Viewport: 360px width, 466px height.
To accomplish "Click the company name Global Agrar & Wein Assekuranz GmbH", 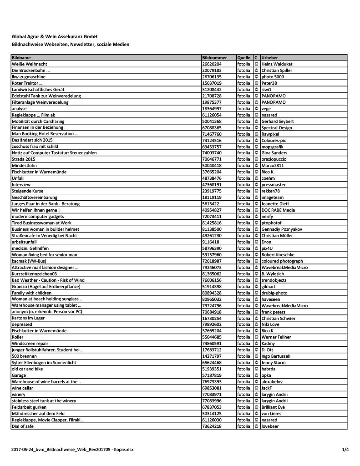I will click(x=55, y=36).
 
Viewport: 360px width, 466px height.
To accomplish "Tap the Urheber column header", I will click(x=270, y=58).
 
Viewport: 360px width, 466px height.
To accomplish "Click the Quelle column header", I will click(x=243, y=58).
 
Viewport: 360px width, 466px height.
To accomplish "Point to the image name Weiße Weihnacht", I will click(x=30, y=65).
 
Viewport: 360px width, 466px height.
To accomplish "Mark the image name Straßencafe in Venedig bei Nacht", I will click(x=45, y=236).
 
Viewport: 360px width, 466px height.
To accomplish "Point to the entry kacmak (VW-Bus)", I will click(x=31, y=261).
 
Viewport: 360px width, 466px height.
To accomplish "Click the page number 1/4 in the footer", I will click(x=345, y=450).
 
